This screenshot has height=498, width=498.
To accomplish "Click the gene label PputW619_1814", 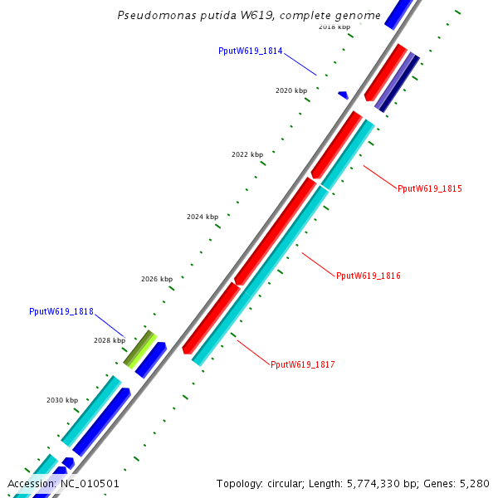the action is tap(251, 51).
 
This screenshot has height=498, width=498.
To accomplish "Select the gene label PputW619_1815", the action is tap(429, 188).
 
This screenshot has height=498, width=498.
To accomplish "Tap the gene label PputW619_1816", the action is tap(369, 275).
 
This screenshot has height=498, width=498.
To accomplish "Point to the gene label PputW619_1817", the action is tap(302, 364).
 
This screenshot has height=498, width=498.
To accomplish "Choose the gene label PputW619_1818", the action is tap(61, 311).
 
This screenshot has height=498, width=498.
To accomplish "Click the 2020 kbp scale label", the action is tap(290, 90).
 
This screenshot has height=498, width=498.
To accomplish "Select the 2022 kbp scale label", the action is tap(247, 154).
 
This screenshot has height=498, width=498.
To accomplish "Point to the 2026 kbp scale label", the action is tap(157, 279).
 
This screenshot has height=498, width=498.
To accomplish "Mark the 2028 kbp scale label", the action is tap(109, 340).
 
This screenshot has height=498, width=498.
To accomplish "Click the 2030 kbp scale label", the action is tap(61, 400).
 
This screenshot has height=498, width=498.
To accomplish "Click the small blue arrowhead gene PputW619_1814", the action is tap(343, 95).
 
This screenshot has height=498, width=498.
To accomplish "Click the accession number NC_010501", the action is tap(90, 483).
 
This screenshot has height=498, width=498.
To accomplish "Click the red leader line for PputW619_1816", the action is tap(318, 263).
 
